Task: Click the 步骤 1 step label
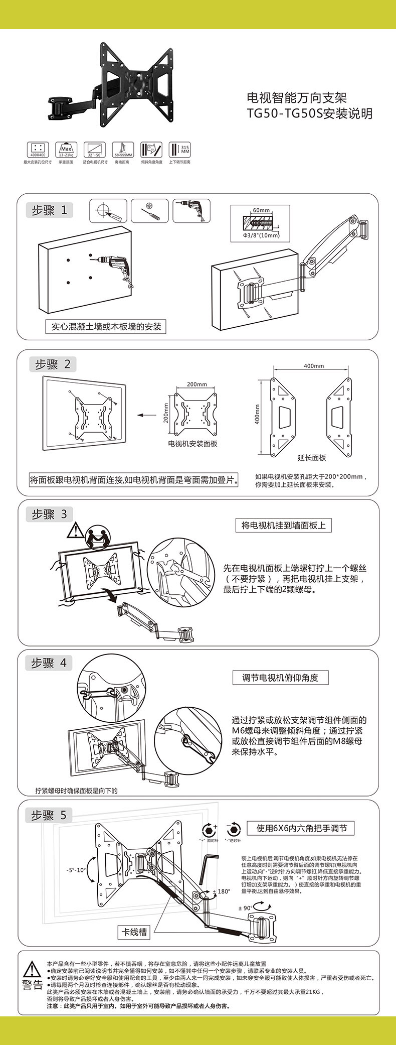pos(50,210)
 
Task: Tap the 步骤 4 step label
pos(49,663)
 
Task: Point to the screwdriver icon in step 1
pos(149,211)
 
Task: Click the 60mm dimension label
pos(261,210)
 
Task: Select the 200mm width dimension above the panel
pos(196,384)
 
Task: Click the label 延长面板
pos(312,457)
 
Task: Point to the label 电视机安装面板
pos(192,444)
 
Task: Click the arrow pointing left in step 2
pos(147,415)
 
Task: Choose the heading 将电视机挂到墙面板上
pos(283,526)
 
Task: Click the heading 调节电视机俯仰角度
pos(280,678)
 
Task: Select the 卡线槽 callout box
pos(134,932)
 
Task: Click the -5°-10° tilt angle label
pos(75,870)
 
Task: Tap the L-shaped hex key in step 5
pos(206,868)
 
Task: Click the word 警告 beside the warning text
pos(33,984)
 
